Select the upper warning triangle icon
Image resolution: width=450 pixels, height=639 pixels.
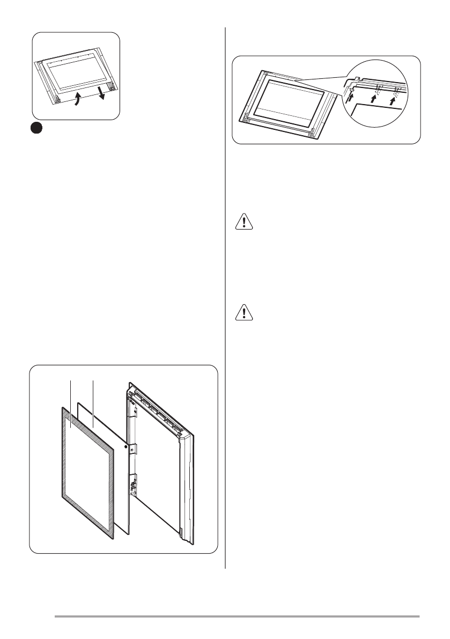pos(245,222)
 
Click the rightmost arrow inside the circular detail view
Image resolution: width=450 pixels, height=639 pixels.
pos(395,99)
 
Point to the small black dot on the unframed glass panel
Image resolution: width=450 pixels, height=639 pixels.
pos(126,445)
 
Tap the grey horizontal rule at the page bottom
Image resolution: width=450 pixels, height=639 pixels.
pos(236,616)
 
